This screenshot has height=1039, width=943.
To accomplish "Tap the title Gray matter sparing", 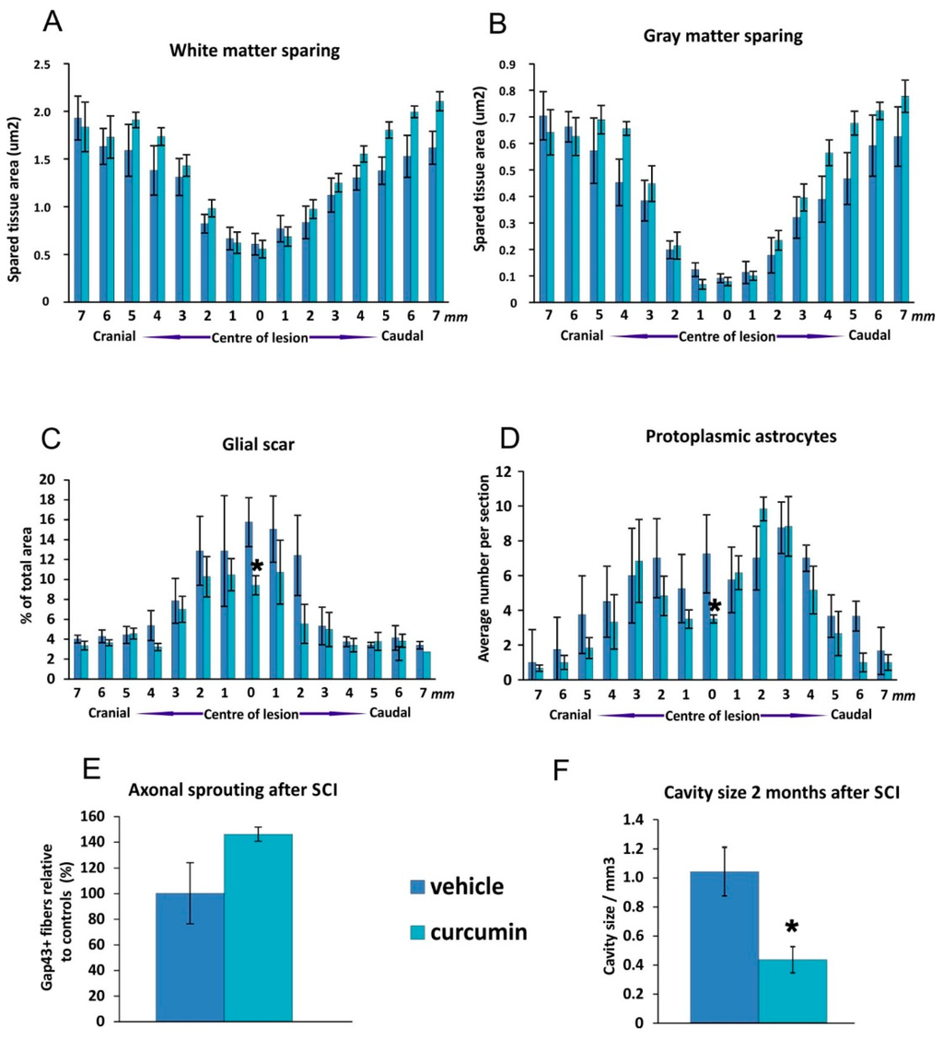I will point(716,43).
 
